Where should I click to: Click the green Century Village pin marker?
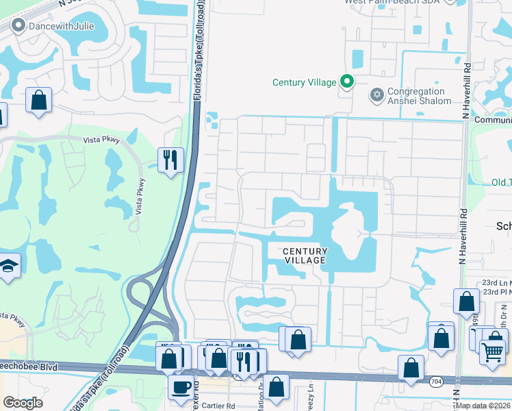(347, 82)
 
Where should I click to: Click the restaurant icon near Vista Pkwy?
(168, 160)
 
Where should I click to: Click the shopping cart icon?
(491, 351)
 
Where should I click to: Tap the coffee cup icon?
(181, 387)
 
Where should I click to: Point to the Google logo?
(23, 403)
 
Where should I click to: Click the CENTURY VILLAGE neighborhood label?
(306, 256)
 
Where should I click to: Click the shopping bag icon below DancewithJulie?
(39, 99)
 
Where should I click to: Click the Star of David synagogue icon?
(376, 95)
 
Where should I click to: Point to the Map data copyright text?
(484, 406)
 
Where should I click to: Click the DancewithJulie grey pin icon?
(18, 27)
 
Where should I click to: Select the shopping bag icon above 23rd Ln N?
(466, 301)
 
